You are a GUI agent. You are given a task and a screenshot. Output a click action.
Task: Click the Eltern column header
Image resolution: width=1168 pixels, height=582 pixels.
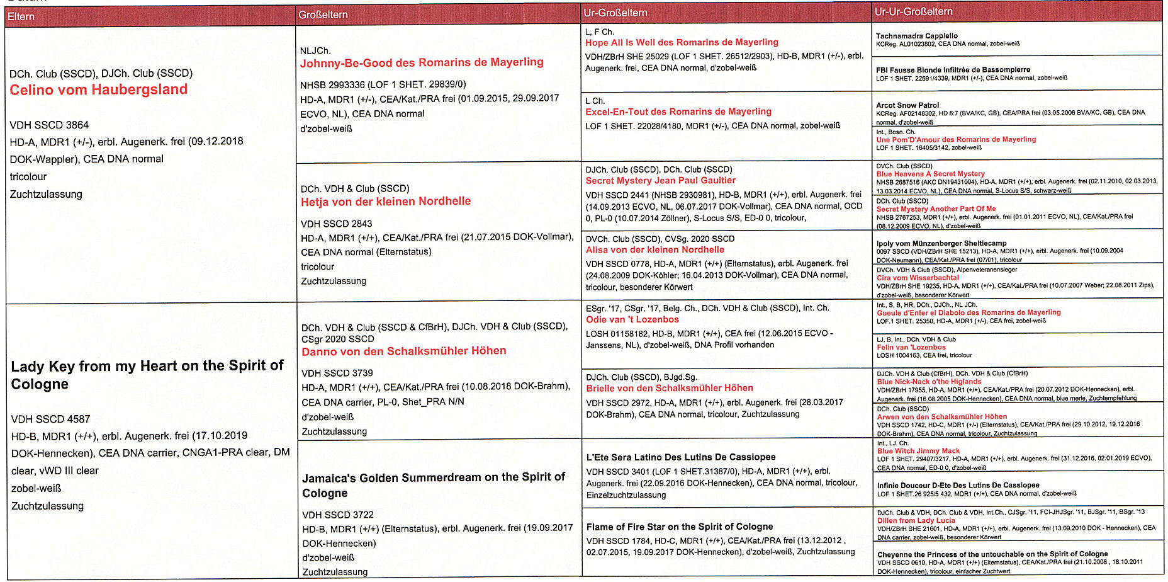pos(21,16)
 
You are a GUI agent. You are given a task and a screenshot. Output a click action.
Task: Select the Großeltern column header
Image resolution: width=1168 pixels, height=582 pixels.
pos(323,14)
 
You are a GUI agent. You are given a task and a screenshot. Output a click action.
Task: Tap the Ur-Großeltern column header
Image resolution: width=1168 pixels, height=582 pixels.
pos(615,13)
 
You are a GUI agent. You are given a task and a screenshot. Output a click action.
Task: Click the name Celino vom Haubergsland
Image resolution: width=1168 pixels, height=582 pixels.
pos(98,89)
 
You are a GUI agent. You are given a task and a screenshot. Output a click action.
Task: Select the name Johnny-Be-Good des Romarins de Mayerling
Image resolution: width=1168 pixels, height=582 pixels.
pos(422,62)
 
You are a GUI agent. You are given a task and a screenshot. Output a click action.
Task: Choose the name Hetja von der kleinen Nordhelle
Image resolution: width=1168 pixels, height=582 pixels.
pos(386,202)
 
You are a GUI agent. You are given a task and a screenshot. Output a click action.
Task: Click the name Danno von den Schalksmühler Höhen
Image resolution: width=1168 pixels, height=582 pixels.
pos(404,351)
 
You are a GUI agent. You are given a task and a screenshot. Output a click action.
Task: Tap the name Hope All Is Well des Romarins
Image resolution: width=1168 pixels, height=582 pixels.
pos(682,42)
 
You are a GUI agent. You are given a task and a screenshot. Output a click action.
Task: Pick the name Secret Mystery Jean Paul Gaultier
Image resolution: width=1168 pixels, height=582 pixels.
pos(660,180)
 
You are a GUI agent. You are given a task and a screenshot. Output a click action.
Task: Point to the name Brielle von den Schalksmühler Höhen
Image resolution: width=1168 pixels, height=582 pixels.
pos(670,388)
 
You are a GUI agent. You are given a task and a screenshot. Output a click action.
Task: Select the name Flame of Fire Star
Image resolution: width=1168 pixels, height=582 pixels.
pos(680,527)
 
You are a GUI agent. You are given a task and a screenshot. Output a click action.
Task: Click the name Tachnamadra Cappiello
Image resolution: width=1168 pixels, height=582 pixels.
pos(916,36)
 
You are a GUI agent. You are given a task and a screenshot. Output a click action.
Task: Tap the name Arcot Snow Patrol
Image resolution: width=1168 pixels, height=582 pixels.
pos(907,105)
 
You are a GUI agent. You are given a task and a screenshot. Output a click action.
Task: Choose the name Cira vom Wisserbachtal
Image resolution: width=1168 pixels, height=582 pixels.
pos(918,278)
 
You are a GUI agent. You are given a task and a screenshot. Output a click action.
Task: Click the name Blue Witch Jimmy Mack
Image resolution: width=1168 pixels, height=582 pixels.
pos(918,451)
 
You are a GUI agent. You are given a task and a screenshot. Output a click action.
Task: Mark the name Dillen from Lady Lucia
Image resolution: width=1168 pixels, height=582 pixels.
pos(916,520)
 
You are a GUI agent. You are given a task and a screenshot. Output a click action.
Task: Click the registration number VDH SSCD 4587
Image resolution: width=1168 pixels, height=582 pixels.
pos(50,419)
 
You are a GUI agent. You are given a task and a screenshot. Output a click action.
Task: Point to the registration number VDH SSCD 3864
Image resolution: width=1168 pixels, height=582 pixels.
pos(49,125)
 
